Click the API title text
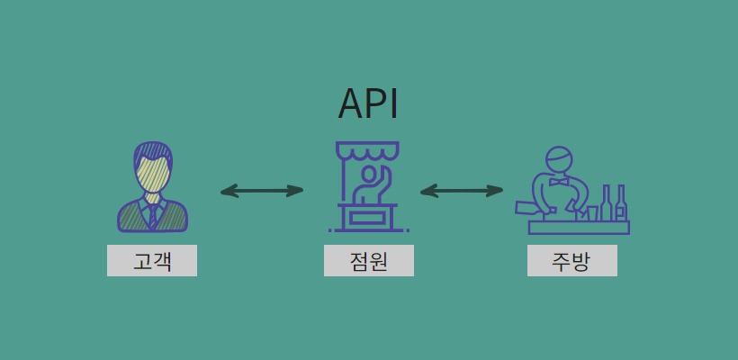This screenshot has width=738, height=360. (x=368, y=104)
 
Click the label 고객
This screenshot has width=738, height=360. (x=152, y=261)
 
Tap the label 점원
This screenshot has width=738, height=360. (x=369, y=261)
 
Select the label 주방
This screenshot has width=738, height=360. (x=572, y=261)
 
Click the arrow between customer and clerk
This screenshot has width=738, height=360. (x=262, y=191)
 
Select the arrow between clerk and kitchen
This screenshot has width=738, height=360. (x=462, y=191)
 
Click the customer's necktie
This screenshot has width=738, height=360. (x=153, y=214)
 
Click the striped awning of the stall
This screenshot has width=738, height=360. (x=367, y=149)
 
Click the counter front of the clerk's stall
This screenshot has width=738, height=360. (x=367, y=217)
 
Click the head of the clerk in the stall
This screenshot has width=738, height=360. (x=368, y=173)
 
